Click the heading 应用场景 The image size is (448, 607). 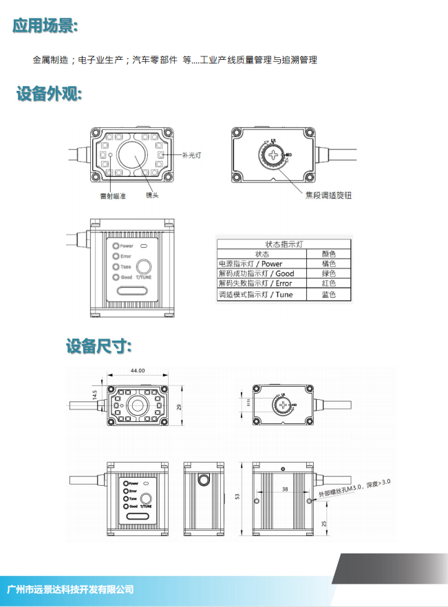45,26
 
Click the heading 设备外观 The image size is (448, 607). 50,94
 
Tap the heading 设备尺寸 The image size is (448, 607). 99,346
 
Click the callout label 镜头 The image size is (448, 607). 152,195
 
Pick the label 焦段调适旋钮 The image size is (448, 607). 328,195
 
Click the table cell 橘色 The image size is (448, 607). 328,263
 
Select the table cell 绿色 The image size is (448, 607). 328,273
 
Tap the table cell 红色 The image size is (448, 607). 328,284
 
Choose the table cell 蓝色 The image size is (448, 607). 328,295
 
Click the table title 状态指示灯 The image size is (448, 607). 284,244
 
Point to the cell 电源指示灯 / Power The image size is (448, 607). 250,263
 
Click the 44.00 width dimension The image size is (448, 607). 138,371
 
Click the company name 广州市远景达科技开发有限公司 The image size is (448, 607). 70,589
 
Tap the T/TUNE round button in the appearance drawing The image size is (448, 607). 144,266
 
